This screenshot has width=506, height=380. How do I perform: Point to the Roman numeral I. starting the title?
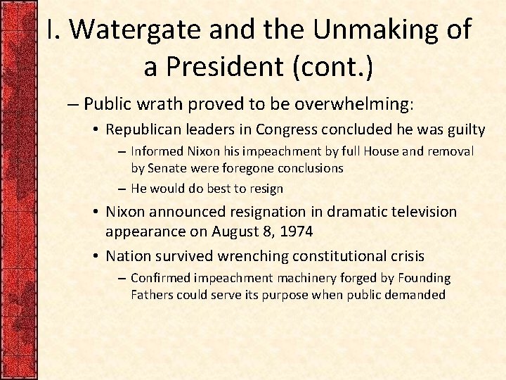click(54, 30)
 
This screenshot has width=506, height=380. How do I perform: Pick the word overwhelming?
click(350, 105)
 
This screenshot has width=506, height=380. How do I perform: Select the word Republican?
click(143, 129)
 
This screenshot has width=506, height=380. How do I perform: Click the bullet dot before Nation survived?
click(95, 255)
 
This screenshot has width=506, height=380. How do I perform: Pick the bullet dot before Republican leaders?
click(95, 130)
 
